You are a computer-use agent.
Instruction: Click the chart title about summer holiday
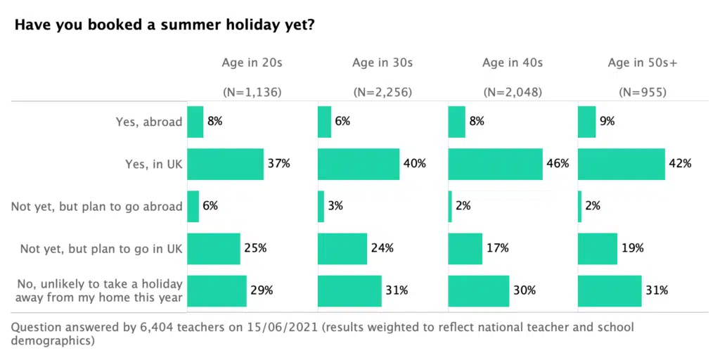click(165, 25)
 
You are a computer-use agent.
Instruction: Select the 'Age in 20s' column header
click(252, 63)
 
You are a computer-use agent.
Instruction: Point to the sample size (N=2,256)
click(382, 92)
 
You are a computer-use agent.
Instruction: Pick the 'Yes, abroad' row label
click(149, 122)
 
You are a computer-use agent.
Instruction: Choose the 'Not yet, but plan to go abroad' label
click(97, 207)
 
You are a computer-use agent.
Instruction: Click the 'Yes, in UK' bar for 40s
click(495, 164)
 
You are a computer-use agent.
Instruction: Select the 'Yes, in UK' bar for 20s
click(225, 164)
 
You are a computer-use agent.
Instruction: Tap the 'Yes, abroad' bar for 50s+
click(586, 122)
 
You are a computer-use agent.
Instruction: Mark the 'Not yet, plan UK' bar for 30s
click(342, 248)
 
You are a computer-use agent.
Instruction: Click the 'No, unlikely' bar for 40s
click(478, 290)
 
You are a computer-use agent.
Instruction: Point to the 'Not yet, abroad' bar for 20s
click(193, 207)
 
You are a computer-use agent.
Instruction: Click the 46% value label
click(558, 164)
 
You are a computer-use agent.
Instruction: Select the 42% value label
click(680, 164)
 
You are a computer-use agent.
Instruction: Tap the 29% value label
click(262, 290)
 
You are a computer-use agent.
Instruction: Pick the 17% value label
click(497, 248)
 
